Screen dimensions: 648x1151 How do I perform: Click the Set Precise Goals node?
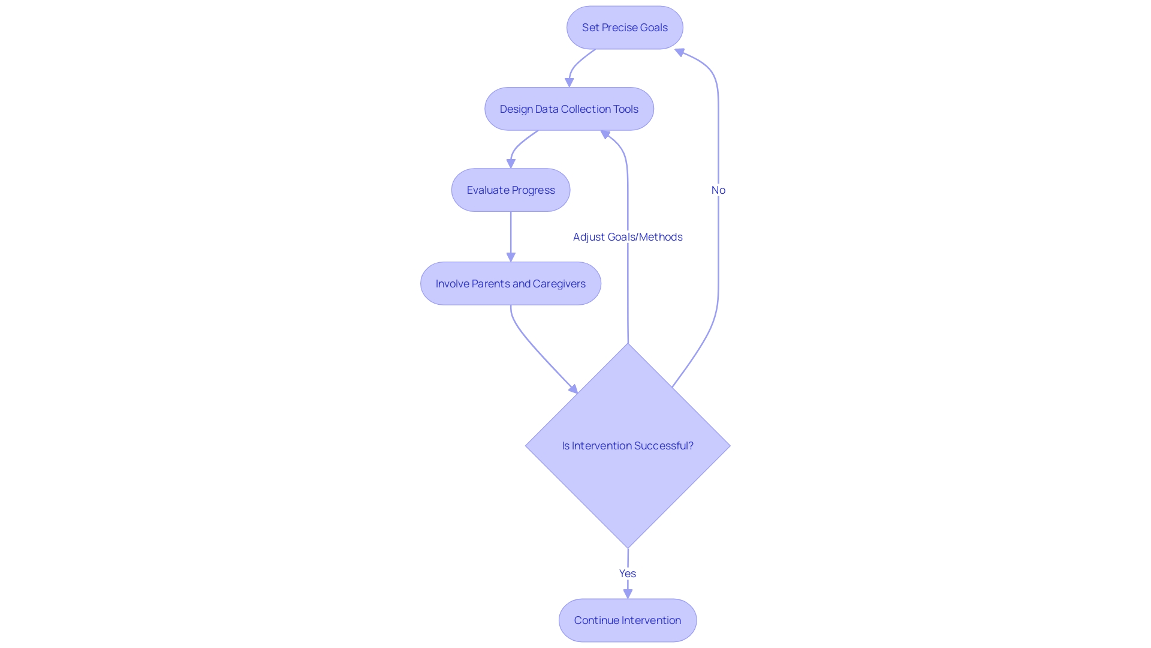coord(625,28)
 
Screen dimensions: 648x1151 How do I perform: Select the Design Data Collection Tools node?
coord(569,109)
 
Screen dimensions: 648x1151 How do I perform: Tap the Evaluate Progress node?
coord(511,190)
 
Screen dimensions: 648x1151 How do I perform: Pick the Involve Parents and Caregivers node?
coord(511,284)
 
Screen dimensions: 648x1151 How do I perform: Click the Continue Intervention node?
coord(628,620)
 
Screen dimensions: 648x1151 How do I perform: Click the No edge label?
coord(718,190)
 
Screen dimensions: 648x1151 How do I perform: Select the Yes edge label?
coord(628,574)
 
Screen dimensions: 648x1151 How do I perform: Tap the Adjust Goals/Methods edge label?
coord(628,237)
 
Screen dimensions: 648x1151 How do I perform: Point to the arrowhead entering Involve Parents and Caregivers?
coord(511,257)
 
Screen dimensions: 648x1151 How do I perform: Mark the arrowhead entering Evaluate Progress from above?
coord(511,163)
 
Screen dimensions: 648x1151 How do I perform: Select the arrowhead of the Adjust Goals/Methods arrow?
coord(605,134)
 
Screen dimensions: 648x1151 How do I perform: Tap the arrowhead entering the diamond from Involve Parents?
coord(574,389)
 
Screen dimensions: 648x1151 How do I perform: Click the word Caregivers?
coord(559,284)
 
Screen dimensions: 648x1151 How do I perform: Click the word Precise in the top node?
coord(619,28)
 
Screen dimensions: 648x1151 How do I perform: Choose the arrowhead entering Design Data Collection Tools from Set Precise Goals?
coord(570,83)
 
